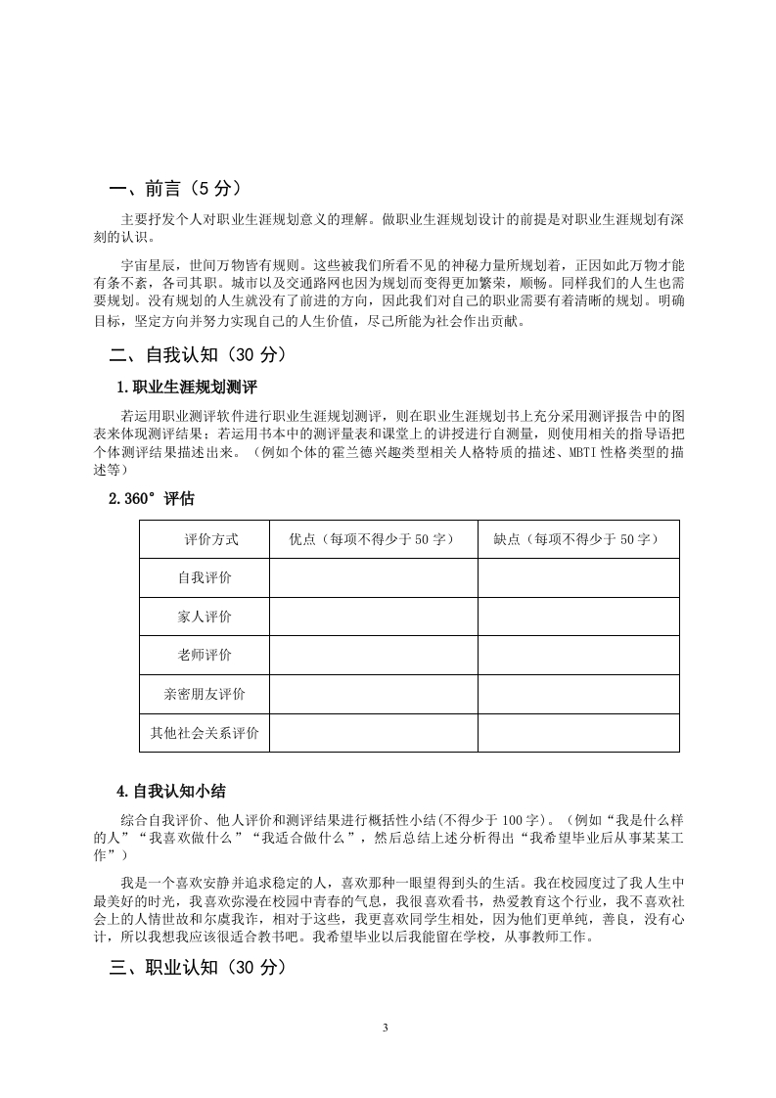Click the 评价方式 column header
coord(205,539)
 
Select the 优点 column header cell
coord(373,539)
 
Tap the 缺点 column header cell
coord(577,539)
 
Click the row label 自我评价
coord(205,577)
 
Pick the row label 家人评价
coord(205,617)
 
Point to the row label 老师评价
coord(205,655)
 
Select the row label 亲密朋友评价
coord(205,694)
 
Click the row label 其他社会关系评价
coord(205,732)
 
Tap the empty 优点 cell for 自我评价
coord(373,577)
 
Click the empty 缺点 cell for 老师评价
coord(577,655)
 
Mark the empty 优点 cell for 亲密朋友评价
coord(373,694)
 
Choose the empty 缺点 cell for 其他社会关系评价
coord(577,732)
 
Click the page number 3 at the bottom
coord(388,1028)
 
